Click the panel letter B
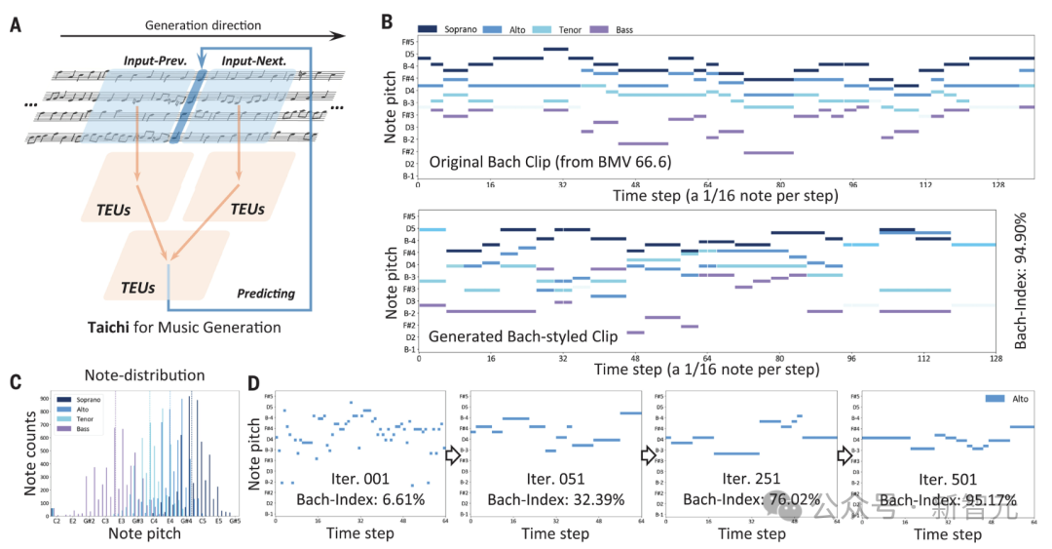tap(387, 20)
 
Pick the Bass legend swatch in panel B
tap(599, 30)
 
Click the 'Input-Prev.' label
tap(155, 60)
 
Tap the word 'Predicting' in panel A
tap(267, 293)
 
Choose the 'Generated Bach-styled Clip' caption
tap(524, 336)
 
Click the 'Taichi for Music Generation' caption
tap(184, 328)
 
